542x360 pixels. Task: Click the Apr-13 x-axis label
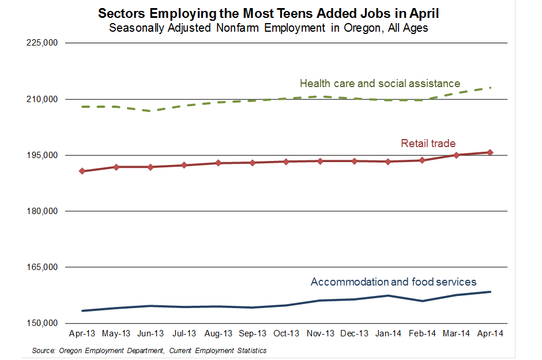point(82,333)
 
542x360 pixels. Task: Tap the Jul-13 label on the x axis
point(185,333)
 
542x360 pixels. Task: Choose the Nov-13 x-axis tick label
point(321,333)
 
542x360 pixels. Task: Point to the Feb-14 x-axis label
point(423,333)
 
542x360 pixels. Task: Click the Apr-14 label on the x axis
point(491,333)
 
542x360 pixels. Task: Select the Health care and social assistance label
point(380,84)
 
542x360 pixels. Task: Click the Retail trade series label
point(428,144)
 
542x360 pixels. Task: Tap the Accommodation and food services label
point(393,282)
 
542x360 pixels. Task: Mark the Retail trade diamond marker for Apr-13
point(82,171)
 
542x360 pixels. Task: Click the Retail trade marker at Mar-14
point(457,155)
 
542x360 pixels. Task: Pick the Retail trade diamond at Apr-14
point(491,152)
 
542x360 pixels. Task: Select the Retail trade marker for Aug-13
point(219,163)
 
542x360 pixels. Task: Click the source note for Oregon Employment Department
point(149,350)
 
